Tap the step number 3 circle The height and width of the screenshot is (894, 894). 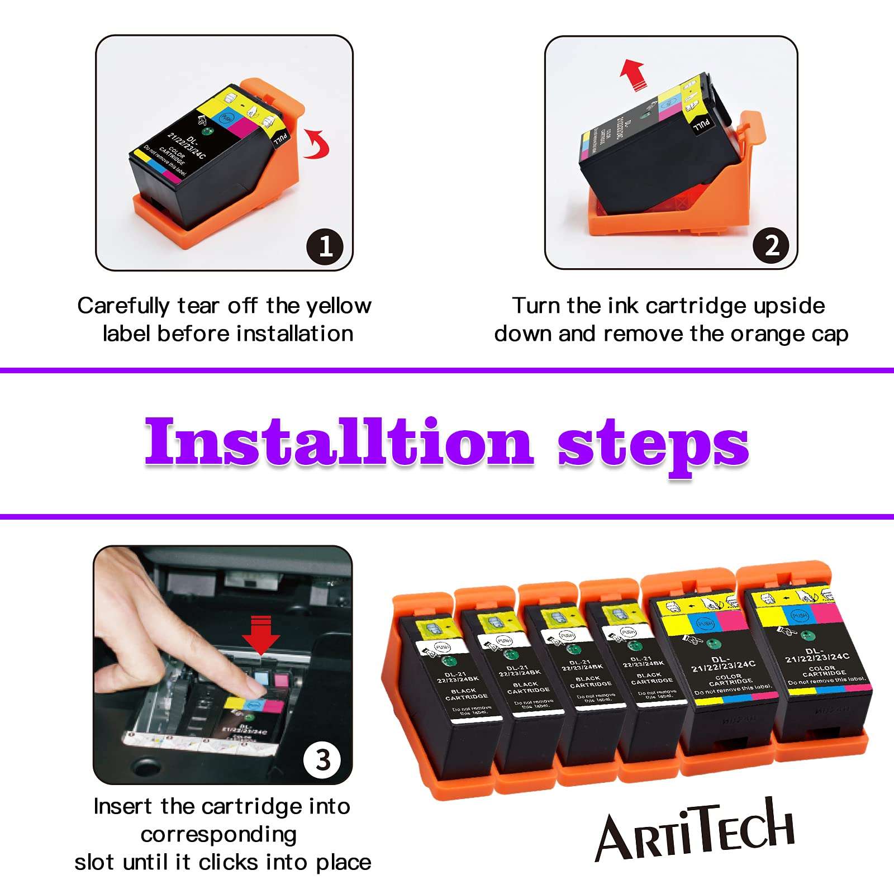tap(322, 760)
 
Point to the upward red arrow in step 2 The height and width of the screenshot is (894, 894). tap(633, 75)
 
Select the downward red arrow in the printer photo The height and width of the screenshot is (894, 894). tap(261, 634)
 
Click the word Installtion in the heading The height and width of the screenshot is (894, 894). tap(339, 441)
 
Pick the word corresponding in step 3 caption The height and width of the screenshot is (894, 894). tap(218, 835)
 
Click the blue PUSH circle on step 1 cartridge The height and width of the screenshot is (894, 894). tap(227, 118)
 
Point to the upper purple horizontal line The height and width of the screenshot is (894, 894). tap(447, 370)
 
